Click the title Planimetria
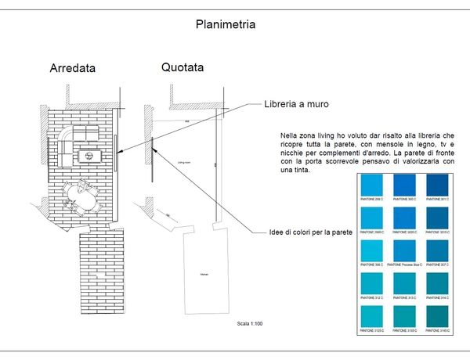tap(225, 24)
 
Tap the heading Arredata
tap(72, 68)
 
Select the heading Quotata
tap(183, 67)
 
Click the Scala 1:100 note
tap(251, 323)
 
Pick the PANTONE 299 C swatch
tap(371, 185)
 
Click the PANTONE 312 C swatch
tap(371, 283)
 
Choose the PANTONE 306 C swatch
tap(371, 250)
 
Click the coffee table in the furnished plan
tap(90, 155)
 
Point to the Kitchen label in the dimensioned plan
tap(203, 275)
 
